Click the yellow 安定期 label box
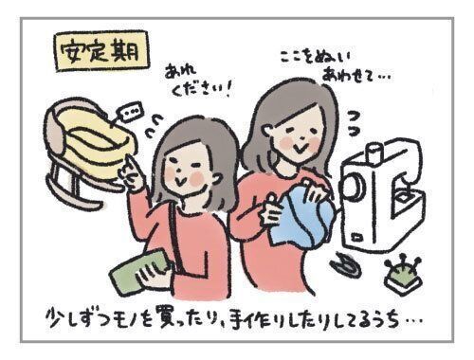coord(101,51)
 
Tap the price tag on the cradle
coord(130,112)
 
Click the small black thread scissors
coord(346,264)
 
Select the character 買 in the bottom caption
coord(167,317)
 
